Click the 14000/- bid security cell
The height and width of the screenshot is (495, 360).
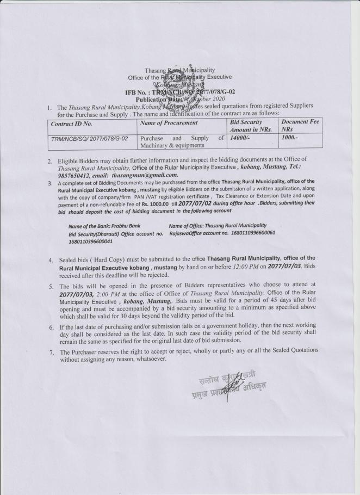coord(241,138)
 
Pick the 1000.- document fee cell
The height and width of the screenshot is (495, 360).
coord(292,138)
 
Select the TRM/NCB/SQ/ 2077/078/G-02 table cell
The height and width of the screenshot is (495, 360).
coord(89,139)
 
